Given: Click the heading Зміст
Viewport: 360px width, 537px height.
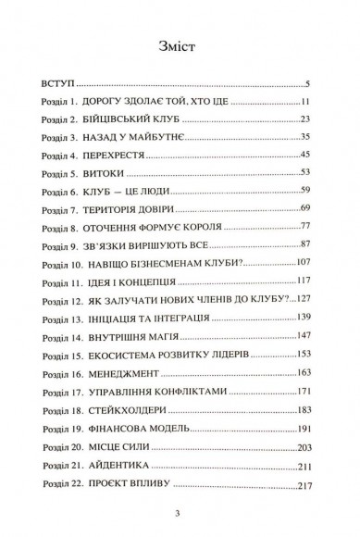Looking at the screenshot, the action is [180, 47].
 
